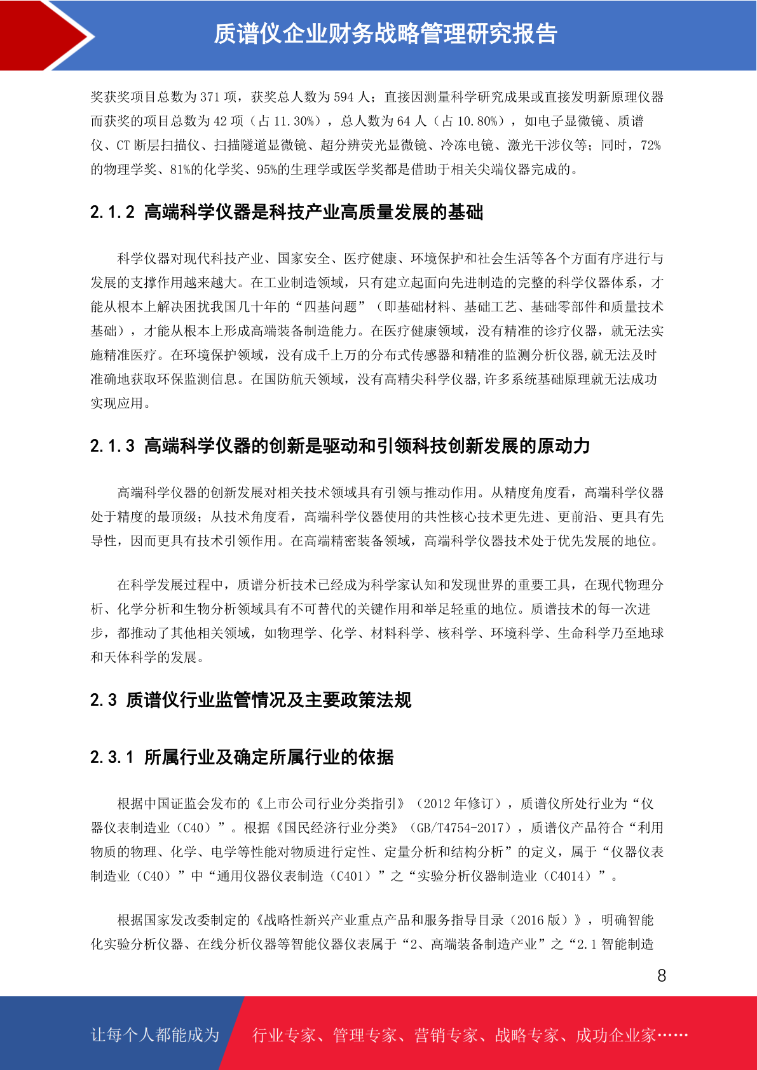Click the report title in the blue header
point(385,34)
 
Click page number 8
point(662,976)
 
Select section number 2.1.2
point(113,212)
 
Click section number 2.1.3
point(113,446)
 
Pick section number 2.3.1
point(113,757)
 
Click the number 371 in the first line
point(210,97)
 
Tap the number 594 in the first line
point(343,97)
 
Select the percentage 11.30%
point(294,121)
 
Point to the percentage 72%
point(651,146)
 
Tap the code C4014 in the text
point(570,876)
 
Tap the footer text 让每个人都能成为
point(154,1035)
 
